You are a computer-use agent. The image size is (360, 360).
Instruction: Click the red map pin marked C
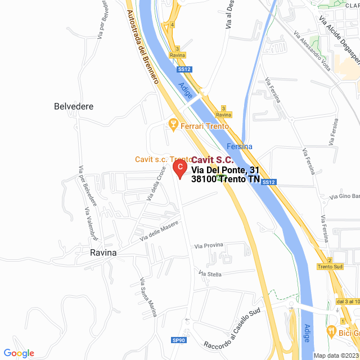pos(179,168)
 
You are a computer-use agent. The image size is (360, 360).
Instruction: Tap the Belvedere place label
pos(74,106)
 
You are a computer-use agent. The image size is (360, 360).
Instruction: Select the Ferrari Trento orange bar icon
pos(173,125)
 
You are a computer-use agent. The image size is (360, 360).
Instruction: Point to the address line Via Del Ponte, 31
pos(225,170)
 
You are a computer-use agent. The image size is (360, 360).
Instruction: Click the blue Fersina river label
pos(240,146)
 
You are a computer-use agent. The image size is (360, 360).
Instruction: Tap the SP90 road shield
pos(178,340)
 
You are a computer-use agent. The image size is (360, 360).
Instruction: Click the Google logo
pos(19,353)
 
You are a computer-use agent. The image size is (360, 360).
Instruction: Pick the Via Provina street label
pos(209,245)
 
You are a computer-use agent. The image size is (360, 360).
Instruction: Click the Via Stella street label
pos(210,273)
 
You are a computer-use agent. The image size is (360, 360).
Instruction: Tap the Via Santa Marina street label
pos(149,298)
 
